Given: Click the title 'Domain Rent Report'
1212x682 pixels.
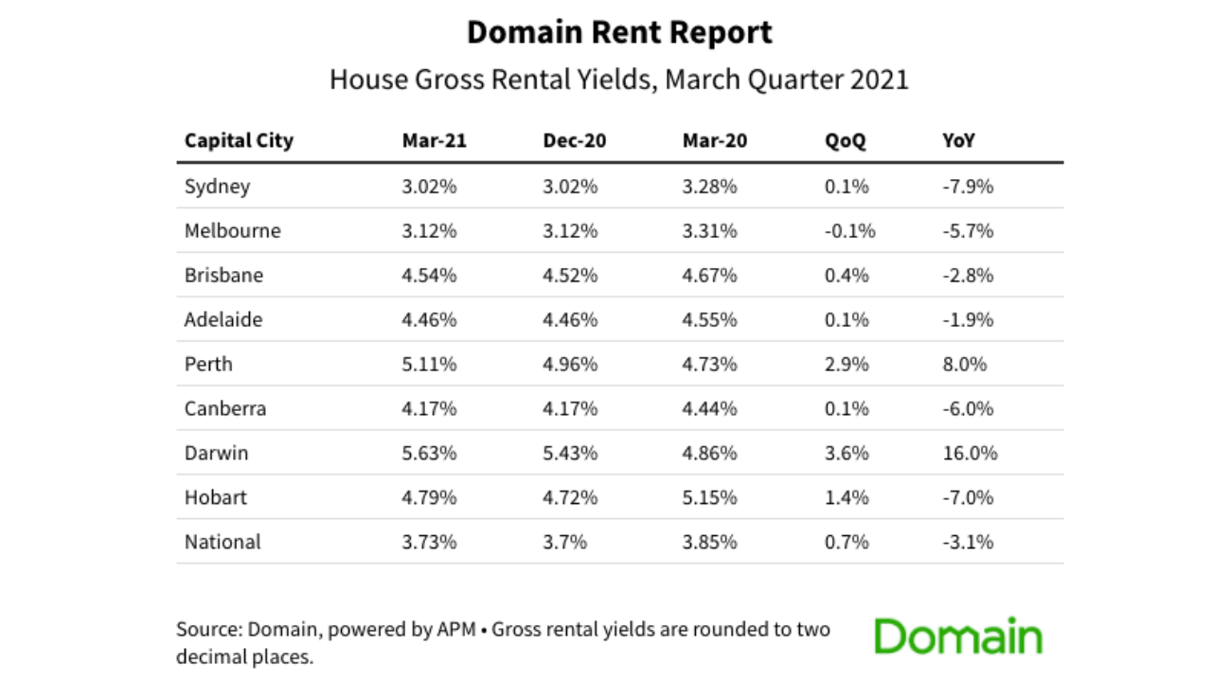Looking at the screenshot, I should [619, 33].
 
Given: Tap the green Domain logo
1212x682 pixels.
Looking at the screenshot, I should [957, 637].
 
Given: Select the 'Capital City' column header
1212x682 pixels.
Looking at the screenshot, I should [239, 141].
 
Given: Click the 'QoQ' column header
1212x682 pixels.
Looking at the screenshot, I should [845, 141].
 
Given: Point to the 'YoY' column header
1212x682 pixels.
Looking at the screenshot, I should [958, 141].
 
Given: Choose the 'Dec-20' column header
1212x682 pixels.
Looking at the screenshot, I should [574, 141].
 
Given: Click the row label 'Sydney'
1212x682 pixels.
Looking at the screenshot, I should [217, 186].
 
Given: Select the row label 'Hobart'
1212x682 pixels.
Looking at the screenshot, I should [215, 497].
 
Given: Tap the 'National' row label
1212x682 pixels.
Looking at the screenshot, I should [223, 542].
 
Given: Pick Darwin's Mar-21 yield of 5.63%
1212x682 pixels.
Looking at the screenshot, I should [429, 453].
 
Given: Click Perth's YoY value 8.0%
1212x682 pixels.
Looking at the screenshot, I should [964, 364].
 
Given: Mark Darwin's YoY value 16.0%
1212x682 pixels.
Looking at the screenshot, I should [970, 453].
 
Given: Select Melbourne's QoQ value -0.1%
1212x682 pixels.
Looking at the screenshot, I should [849, 230].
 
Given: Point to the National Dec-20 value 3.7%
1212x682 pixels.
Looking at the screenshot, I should [564, 542].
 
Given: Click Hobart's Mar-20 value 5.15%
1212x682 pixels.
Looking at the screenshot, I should [709, 497].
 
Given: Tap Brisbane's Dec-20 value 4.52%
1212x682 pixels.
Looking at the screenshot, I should [570, 275].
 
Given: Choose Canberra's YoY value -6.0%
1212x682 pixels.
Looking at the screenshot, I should [968, 408].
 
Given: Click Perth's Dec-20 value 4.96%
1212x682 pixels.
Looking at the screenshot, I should [570, 364].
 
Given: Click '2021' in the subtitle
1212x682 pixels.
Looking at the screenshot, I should [880, 80].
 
